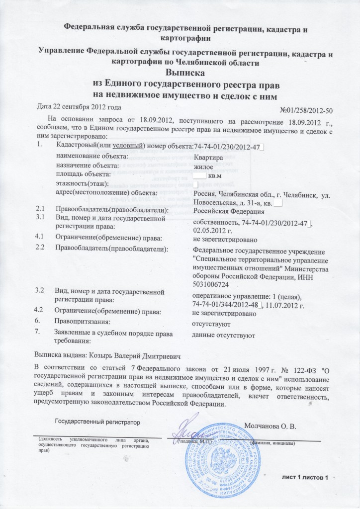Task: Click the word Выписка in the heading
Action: pyautogui.click(x=180, y=73)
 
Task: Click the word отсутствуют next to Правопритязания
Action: pyautogui.click(x=214, y=324)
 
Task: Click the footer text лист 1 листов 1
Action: pyautogui.click(x=305, y=478)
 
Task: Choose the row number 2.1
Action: pyautogui.click(x=41, y=210)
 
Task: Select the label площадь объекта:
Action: pyautogui.click(x=83, y=174)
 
